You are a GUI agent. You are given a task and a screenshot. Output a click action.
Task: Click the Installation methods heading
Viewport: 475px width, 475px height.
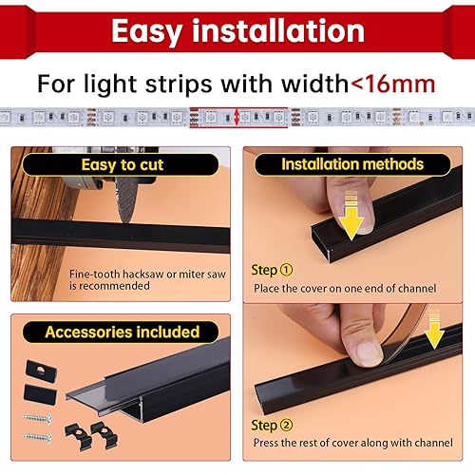click(x=351, y=164)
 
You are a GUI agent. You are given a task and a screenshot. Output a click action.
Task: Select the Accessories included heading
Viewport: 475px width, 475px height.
click(x=123, y=332)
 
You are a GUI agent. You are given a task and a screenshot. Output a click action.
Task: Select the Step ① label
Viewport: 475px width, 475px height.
click(x=273, y=270)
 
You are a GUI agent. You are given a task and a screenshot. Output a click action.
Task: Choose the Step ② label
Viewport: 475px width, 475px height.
click(x=273, y=426)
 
